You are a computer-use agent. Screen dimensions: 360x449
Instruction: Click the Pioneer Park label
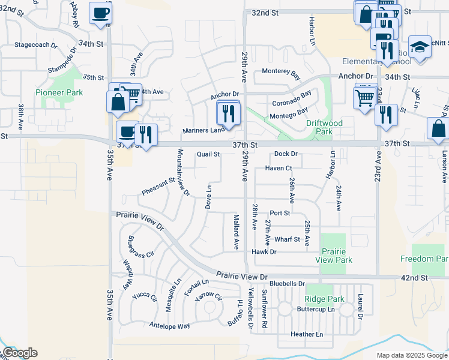59,92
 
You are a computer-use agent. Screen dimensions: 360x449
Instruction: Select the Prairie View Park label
337,256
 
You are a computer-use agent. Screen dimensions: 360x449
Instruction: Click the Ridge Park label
324,299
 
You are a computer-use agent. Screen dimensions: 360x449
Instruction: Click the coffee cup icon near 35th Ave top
100,13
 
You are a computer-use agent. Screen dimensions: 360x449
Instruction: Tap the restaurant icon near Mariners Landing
228,112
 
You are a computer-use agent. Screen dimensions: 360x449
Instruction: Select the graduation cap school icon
420,47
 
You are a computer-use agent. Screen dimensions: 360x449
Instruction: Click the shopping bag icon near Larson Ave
439,129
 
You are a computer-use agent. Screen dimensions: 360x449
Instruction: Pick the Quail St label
208,154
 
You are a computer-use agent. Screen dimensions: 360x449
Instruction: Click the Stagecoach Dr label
35,45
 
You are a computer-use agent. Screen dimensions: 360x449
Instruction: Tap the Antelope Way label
169,326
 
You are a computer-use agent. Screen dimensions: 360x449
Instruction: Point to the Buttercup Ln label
316,310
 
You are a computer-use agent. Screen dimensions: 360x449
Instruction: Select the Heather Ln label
306,334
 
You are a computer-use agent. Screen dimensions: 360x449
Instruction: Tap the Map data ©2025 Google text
412,355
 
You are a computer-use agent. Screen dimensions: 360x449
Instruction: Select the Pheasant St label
158,185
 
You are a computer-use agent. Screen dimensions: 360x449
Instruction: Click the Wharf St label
287,239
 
